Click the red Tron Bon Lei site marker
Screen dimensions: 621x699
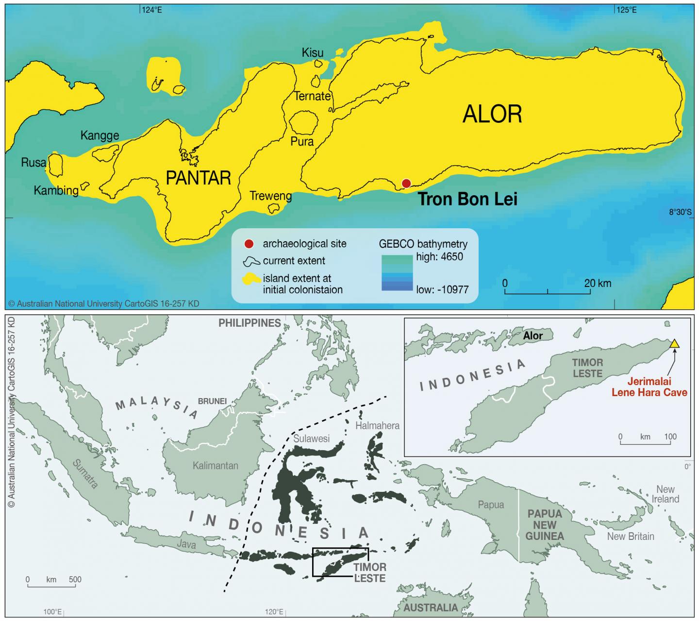click(406, 183)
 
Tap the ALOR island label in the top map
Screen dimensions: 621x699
click(492, 114)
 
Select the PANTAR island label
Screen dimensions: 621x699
click(198, 178)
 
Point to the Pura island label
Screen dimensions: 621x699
click(302, 142)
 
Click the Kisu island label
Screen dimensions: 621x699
click(313, 52)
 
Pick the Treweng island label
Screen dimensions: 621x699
click(270, 196)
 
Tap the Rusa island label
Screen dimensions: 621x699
click(33, 163)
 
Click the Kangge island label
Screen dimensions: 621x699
click(100, 135)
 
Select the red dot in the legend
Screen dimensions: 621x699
click(249, 244)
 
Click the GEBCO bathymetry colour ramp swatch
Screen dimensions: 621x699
click(397, 273)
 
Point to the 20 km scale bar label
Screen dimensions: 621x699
click(598, 283)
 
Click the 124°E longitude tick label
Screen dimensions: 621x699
click(152, 10)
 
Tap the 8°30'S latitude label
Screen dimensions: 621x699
click(680, 212)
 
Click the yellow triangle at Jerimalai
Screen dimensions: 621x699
click(674, 344)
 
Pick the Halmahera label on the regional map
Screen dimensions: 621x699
click(377, 426)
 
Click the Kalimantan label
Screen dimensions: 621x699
click(215, 466)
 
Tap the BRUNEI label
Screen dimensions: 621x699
click(212, 402)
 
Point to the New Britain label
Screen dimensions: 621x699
click(631, 536)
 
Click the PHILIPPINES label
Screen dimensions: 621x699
click(250, 323)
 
